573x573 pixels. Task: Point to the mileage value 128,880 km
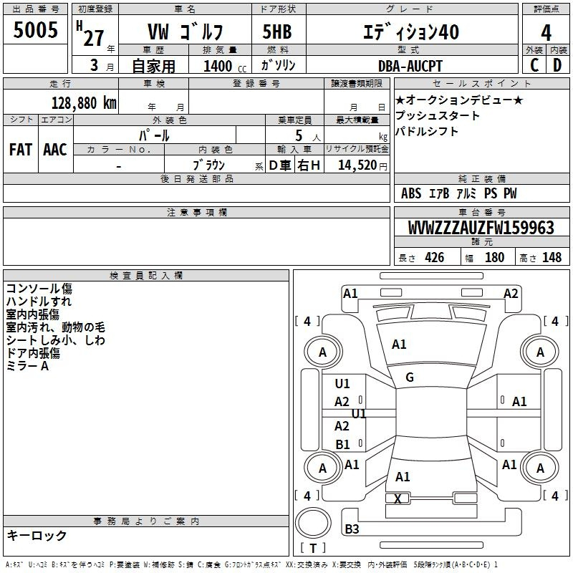(83, 103)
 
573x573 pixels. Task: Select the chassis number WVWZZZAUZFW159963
(481, 228)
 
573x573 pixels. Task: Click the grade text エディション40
(411, 32)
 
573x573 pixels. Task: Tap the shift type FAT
(21, 150)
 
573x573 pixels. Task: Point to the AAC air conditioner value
(55, 150)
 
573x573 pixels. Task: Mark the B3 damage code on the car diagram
(352, 529)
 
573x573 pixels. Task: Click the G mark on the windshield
(410, 377)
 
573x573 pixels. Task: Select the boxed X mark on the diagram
(398, 499)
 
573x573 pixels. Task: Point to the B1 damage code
(342, 445)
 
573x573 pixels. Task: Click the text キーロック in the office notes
(37, 536)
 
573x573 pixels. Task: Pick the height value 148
(552, 258)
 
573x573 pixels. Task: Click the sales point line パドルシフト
(426, 131)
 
